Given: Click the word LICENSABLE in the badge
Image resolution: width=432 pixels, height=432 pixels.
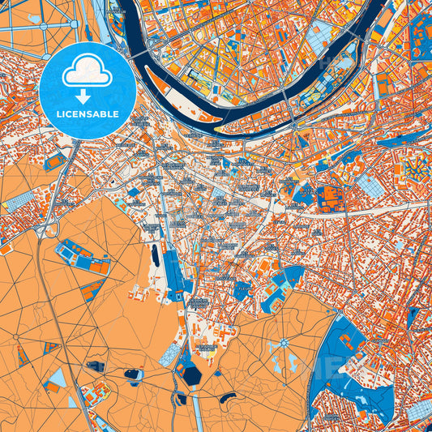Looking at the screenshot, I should (88, 114).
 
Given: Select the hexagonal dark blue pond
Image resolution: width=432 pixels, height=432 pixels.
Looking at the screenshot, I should (191, 374).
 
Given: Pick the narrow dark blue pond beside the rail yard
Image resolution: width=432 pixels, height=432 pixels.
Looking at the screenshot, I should (154, 258).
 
